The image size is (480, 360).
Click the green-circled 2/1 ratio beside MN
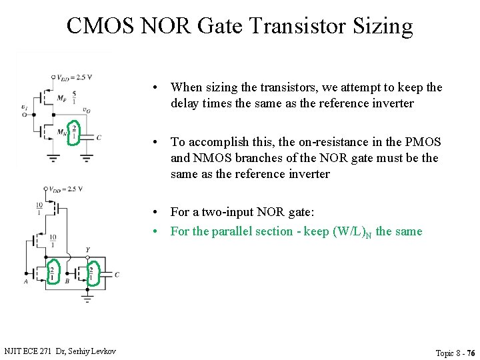pos(74,131)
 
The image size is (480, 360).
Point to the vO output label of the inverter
pos(87,110)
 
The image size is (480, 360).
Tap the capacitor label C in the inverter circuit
pos(99,137)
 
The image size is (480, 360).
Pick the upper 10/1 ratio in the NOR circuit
pos(40,208)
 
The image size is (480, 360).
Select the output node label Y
pos(87,251)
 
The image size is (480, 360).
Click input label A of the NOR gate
pos(25,281)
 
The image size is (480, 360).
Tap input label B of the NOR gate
pos(67,281)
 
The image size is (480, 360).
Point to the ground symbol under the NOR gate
pos(87,299)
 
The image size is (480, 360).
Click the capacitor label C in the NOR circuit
pos(117,274)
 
